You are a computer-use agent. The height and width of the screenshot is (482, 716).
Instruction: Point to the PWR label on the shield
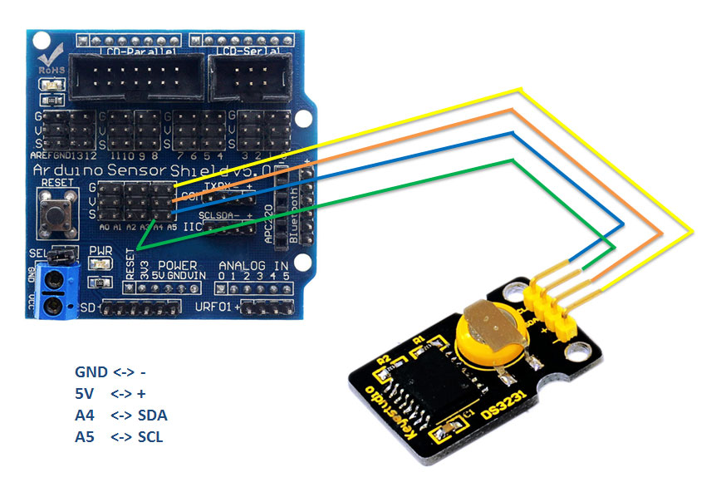[100, 249]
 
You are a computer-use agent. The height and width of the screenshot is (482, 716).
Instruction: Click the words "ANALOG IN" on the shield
[253, 265]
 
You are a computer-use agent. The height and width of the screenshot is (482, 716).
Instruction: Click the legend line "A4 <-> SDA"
[126, 415]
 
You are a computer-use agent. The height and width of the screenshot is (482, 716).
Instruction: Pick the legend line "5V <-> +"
[116, 393]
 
